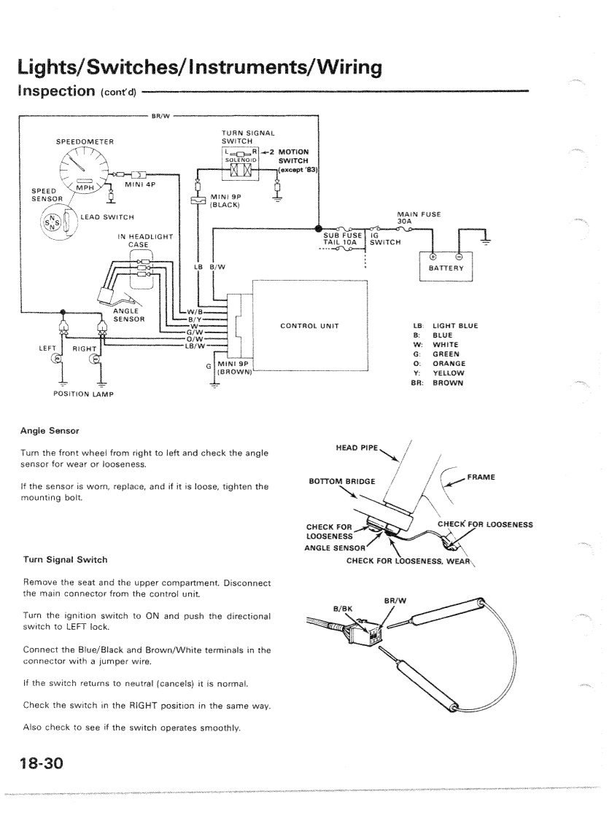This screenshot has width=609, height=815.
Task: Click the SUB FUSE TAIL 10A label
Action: pyautogui.click(x=343, y=239)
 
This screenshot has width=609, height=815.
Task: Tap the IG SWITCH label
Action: pyautogui.click(x=384, y=239)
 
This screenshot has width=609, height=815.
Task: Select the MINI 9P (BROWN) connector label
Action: pyautogui.click(x=234, y=367)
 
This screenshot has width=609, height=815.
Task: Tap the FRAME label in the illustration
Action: pyautogui.click(x=481, y=477)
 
